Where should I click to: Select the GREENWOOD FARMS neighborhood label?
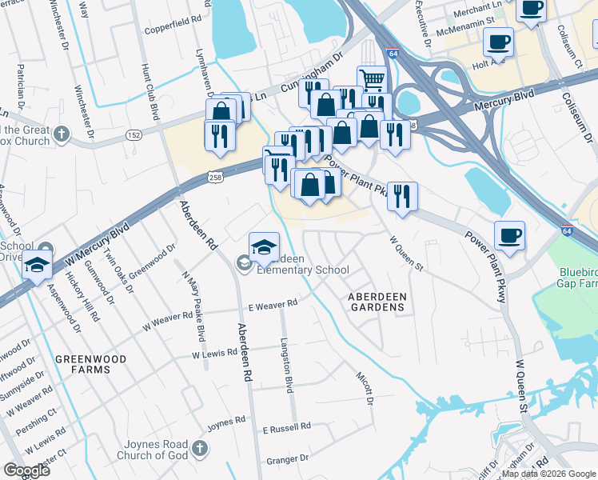click(90, 366)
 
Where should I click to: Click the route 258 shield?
click(213, 175)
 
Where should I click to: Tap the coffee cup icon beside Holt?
click(497, 42)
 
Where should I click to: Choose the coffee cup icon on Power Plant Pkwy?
click(509, 236)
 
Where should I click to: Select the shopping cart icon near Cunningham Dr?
click(371, 80)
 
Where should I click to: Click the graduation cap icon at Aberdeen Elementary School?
click(264, 247)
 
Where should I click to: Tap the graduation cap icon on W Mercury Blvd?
click(36, 266)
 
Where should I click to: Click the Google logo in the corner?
click(26, 470)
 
